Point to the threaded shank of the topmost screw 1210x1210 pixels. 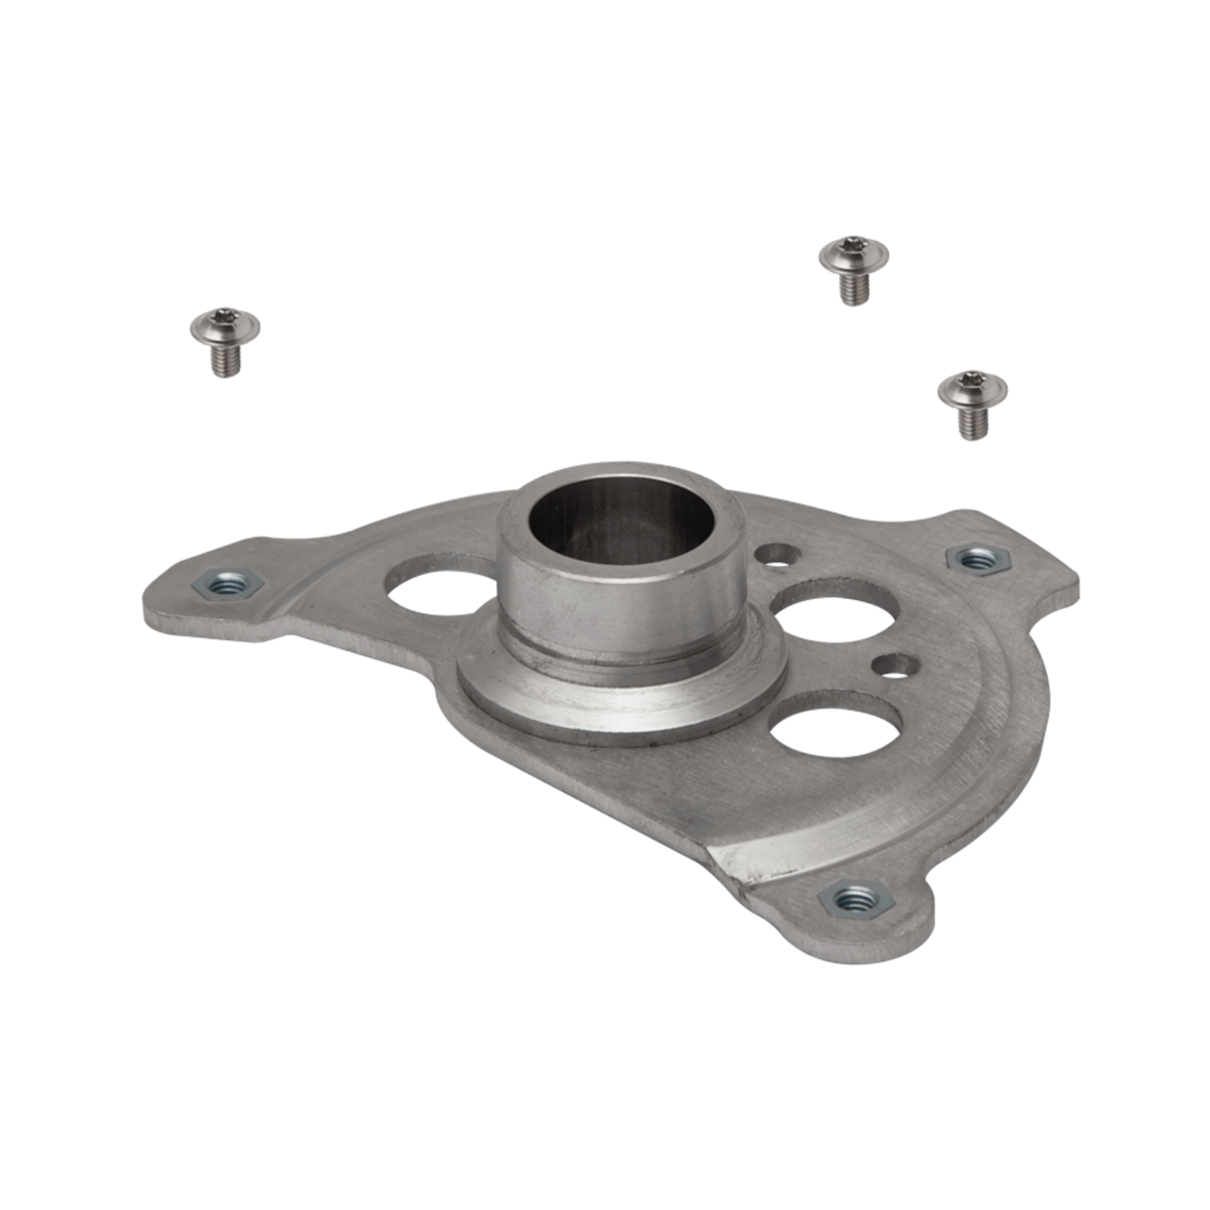coord(854,289)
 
